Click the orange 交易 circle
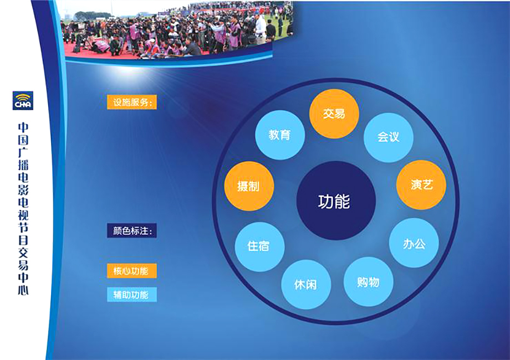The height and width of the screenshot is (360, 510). [334, 114]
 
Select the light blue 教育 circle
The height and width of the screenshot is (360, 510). [280, 135]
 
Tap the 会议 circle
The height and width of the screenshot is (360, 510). [389, 137]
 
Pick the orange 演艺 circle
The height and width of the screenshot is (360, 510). [421, 184]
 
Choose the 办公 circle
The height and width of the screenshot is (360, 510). [414, 243]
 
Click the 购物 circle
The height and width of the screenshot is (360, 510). [368, 282]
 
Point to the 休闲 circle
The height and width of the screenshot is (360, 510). [306, 285]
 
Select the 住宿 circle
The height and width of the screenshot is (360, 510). [259, 246]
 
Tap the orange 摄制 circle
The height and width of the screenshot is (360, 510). [249, 186]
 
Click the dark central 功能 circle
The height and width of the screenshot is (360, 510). [336, 201]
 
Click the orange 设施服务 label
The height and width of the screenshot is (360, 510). [132, 102]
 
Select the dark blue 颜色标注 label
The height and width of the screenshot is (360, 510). [132, 231]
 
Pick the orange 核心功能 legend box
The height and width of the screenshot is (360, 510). [132, 271]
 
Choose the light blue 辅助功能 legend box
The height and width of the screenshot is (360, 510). [132, 295]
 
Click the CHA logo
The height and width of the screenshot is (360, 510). [23, 101]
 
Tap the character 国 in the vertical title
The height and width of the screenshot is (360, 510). [23, 140]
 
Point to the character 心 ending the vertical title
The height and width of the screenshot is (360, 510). [23, 289]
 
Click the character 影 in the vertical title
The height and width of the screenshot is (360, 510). [23, 190]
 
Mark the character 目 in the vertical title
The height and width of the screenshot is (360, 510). [23, 240]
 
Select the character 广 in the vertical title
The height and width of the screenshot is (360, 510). [23, 152]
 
